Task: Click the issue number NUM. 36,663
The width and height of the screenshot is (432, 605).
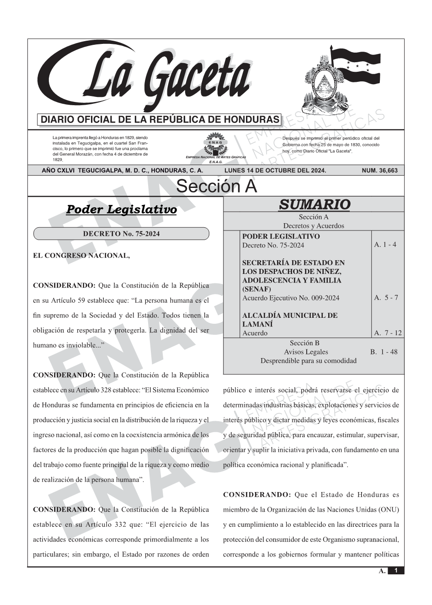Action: pos(379,171)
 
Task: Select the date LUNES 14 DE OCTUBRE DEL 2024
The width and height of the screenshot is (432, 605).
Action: pos(275,171)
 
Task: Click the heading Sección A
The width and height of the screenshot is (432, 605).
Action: pos(216,187)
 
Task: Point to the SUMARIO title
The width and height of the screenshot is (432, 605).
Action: pos(314,204)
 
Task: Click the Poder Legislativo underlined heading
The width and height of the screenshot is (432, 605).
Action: pos(121,210)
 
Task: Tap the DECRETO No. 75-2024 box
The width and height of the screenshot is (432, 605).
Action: pos(121,234)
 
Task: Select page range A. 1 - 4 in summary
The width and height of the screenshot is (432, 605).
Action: pos(385,245)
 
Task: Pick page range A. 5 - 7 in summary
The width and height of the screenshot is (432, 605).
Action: pos(386,298)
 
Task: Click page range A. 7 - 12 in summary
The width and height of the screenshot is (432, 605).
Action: pos(388,333)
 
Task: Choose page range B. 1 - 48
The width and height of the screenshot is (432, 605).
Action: pos(384,352)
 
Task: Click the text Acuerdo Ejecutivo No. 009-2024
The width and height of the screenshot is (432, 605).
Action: pos(291,298)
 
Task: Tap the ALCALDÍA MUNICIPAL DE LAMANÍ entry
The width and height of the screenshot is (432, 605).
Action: pos(289,320)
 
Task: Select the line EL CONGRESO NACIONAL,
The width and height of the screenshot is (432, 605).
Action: pos(81,256)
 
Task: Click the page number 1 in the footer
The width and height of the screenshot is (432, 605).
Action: pos(396,571)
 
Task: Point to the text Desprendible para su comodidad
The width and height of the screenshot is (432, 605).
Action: pos(308,361)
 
